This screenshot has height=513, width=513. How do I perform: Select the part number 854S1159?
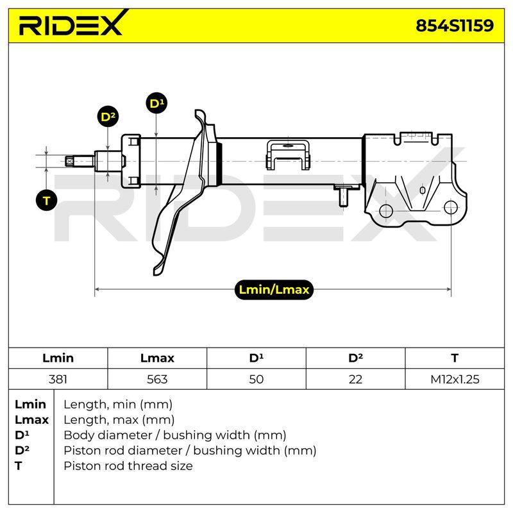(455, 26)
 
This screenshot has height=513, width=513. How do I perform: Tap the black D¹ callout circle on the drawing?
(156, 103)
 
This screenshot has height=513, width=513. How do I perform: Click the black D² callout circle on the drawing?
(108, 117)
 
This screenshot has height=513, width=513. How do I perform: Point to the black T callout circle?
(46, 200)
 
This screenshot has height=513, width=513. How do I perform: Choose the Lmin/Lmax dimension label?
(274, 290)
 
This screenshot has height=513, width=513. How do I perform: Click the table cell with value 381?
(58, 379)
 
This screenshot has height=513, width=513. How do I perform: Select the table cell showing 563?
(157, 379)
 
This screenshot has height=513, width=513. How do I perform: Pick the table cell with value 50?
(256, 379)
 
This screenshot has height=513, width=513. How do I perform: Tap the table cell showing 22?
(355, 379)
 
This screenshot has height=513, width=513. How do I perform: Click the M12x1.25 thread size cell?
(455, 379)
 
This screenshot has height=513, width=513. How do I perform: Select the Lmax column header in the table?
(157, 358)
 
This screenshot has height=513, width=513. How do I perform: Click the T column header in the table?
(455, 358)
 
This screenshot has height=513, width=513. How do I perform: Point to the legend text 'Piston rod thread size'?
(128, 466)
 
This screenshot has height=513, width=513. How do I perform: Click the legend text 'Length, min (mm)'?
(118, 405)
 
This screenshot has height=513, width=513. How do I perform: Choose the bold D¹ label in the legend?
(22, 435)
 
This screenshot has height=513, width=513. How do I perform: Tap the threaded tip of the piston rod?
(69, 161)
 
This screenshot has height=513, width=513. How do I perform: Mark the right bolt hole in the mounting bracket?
(451, 207)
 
